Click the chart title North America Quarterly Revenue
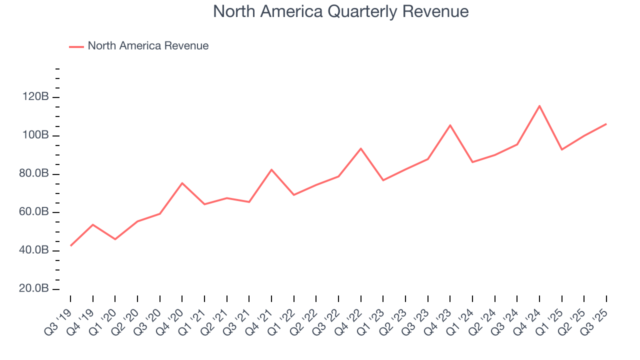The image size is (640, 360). (x=340, y=11)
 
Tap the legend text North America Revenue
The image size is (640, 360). (x=148, y=46)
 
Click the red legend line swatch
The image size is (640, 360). (x=76, y=46)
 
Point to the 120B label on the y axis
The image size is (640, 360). (x=36, y=97)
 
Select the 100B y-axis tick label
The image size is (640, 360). (x=36, y=135)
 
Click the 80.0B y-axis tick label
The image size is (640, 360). (x=34, y=174)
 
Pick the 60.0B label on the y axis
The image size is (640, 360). (x=34, y=212)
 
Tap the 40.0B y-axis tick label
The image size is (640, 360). (x=34, y=250)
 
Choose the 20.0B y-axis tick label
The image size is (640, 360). (x=34, y=289)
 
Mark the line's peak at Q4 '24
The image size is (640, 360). (x=539, y=105)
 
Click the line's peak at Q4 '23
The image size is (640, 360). (x=450, y=125)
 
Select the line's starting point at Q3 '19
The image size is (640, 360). (x=70, y=245)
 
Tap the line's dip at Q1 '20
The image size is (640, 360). (x=115, y=239)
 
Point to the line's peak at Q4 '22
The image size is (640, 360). (x=360, y=148)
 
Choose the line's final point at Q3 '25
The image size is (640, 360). (x=606, y=123)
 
